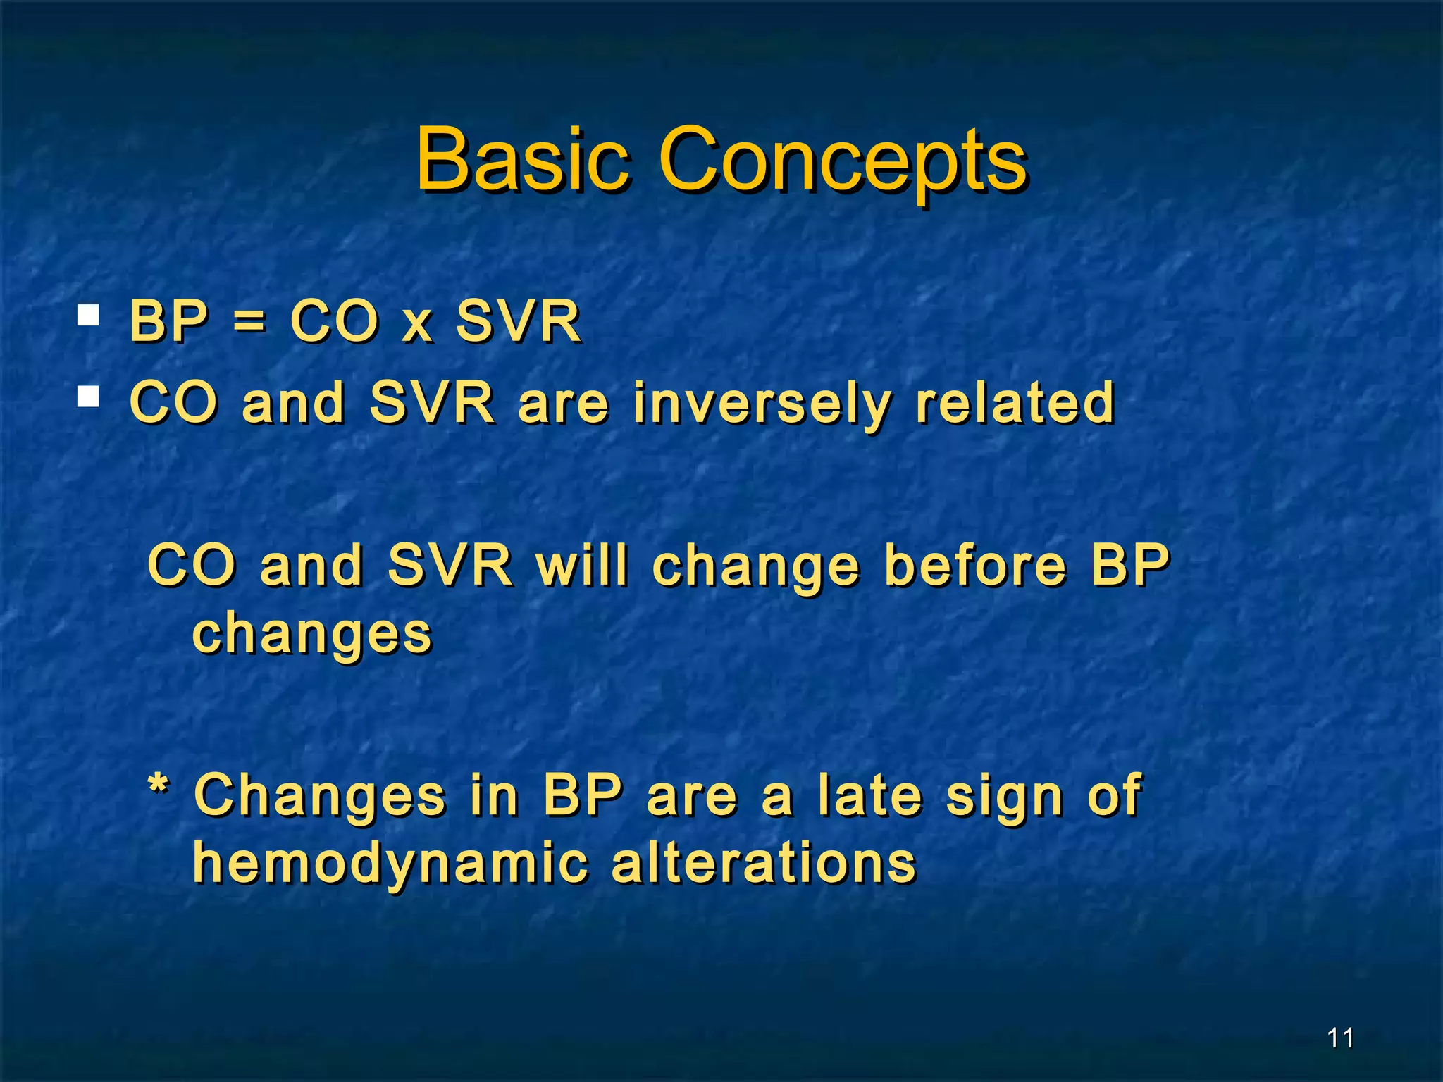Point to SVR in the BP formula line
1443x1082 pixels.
(x=518, y=321)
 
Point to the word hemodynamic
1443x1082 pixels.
(x=390, y=864)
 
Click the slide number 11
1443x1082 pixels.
(x=1340, y=1038)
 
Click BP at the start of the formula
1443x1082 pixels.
(x=169, y=321)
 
